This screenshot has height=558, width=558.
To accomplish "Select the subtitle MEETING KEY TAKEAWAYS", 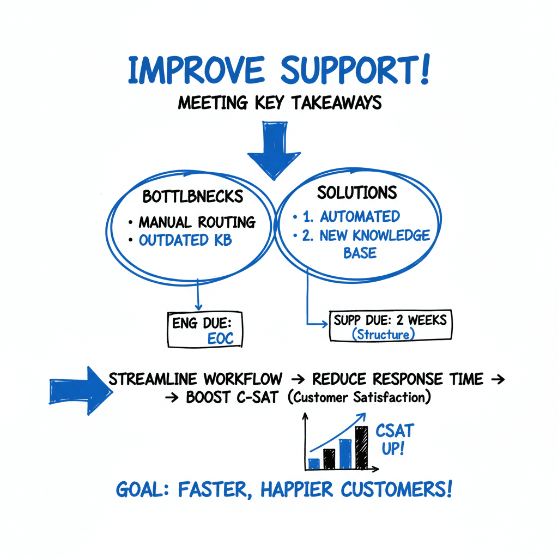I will point(279,103).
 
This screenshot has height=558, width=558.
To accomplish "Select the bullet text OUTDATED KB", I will point(185,240).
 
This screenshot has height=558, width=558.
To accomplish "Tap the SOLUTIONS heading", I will point(357,192).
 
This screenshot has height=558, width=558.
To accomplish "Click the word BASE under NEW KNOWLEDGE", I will point(360,253).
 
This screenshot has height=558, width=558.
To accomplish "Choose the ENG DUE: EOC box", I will point(205,330).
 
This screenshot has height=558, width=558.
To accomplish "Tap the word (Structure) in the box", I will point(383,335).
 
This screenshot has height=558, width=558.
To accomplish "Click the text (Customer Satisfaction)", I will point(359,398).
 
